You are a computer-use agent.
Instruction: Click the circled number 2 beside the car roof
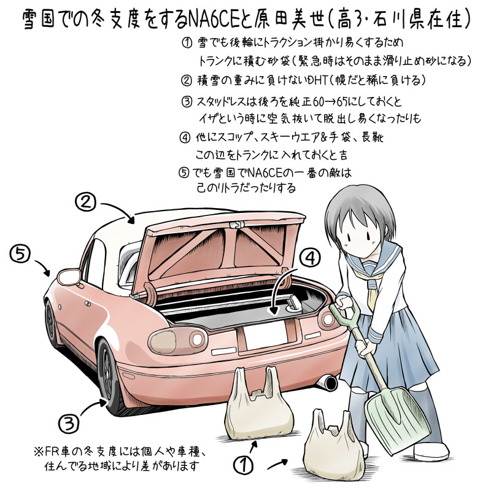pyautogui.click(x=85, y=202)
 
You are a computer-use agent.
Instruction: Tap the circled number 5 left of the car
pyautogui.click(x=20, y=254)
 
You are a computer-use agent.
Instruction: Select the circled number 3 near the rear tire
pyautogui.click(x=69, y=423)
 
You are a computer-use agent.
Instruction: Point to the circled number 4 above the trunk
pyautogui.click(x=310, y=258)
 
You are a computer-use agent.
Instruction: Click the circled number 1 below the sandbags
pyautogui.click(x=244, y=465)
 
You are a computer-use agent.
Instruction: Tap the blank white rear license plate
pyautogui.click(x=265, y=335)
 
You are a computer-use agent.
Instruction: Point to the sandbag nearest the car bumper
pyautogui.click(x=259, y=406)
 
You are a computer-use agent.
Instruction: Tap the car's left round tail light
pyautogui.click(x=178, y=341)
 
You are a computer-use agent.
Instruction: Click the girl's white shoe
pyautogui.click(x=431, y=451)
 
